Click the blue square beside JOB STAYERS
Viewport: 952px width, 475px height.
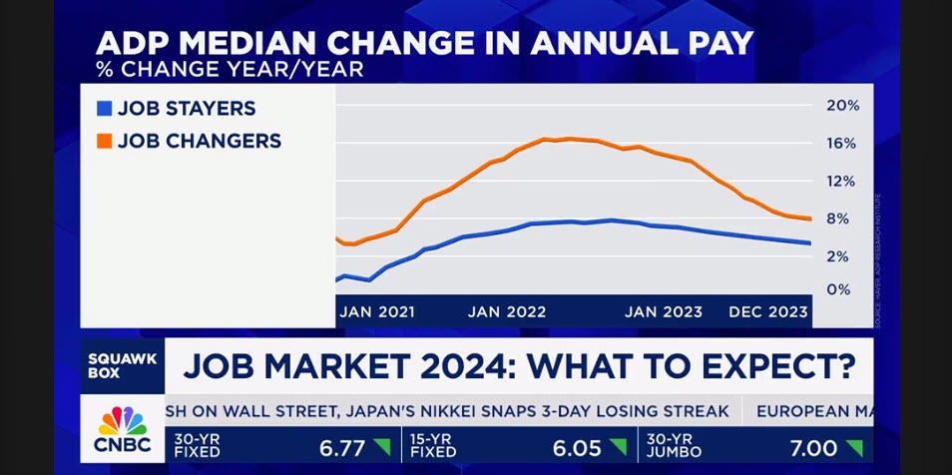(x=103, y=109)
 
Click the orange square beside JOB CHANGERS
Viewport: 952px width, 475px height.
(x=103, y=142)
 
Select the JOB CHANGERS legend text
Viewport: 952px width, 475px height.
(x=200, y=142)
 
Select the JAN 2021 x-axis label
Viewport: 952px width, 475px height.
(x=377, y=311)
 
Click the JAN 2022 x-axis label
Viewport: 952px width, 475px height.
(x=507, y=311)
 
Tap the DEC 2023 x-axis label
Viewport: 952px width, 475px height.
(x=768, y=311)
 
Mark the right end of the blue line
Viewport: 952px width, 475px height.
(x=809, y=242)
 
